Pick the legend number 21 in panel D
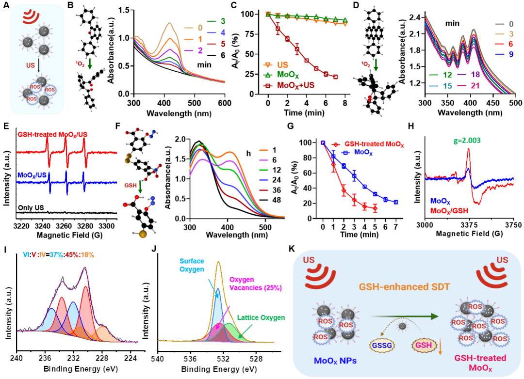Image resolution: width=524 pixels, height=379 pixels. point(474,85)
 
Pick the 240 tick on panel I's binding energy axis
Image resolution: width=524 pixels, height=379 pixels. point(17,359)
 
